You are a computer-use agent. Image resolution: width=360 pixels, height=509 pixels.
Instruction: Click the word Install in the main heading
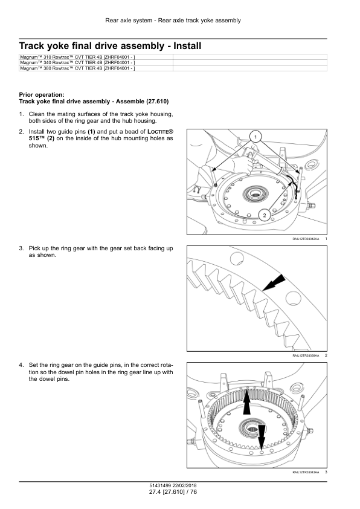187,46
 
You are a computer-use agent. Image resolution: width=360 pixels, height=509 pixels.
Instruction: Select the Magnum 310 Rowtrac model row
77,57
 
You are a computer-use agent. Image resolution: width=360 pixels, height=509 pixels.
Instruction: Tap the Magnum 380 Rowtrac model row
77,68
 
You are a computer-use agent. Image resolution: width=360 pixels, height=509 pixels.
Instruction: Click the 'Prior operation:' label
42,95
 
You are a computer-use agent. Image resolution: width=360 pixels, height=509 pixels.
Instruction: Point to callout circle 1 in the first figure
256,137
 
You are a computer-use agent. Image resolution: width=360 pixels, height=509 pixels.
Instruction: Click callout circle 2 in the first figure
265,215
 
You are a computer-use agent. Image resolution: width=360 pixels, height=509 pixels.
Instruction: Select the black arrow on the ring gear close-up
274,282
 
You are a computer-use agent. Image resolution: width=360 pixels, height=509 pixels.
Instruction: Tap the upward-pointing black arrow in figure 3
246,401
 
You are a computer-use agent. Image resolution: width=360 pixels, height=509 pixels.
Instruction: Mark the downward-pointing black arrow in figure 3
261,436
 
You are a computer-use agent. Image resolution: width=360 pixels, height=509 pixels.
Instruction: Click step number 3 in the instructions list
21,248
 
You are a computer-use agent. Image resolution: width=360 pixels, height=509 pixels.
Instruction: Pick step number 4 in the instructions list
21,365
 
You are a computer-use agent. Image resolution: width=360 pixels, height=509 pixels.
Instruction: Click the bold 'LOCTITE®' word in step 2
160,132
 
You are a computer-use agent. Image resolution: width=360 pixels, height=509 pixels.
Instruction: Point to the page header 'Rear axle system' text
129,21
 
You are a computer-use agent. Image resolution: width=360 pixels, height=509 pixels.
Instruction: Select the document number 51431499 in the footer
160,485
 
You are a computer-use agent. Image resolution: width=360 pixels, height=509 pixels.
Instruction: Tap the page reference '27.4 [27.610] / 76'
173,492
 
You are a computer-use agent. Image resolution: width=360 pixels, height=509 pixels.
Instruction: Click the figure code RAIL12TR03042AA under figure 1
306,239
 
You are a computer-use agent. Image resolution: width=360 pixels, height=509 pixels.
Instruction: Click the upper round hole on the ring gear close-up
236,259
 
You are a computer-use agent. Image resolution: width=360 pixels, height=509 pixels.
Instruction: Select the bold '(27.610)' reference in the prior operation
157,102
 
